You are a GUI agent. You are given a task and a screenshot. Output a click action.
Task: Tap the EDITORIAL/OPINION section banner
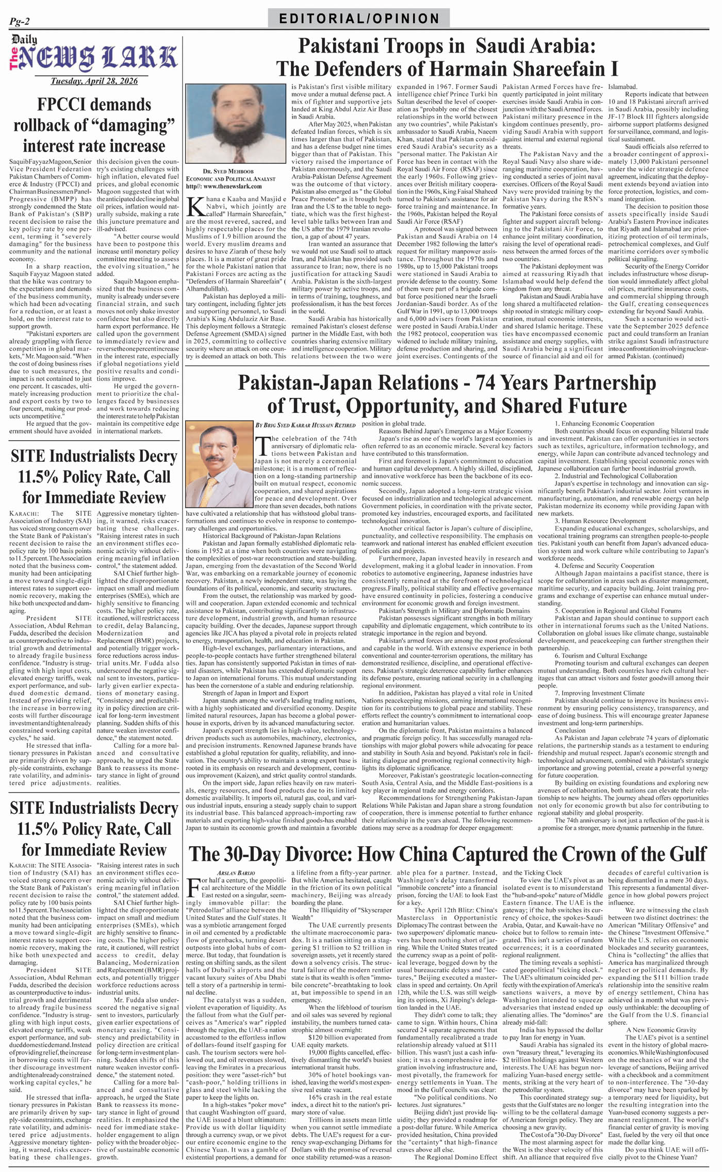(x=359, y=19)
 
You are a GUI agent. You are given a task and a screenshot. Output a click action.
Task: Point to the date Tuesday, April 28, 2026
(x=93, y=81)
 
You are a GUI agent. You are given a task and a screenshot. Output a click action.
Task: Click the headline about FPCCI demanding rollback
(x=93, y=125)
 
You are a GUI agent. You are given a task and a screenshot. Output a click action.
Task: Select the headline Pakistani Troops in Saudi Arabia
(x=447, y=57)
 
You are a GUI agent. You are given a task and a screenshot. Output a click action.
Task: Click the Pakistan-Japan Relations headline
(x=447, y=394)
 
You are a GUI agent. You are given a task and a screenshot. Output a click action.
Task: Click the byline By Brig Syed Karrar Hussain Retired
(x=305, y=425)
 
